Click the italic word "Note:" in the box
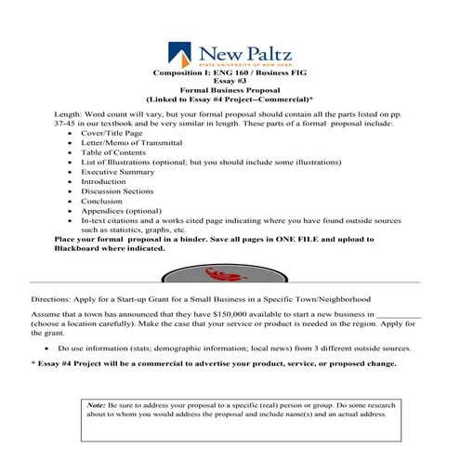click(96, 406)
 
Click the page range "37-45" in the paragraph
click(46, 122)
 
